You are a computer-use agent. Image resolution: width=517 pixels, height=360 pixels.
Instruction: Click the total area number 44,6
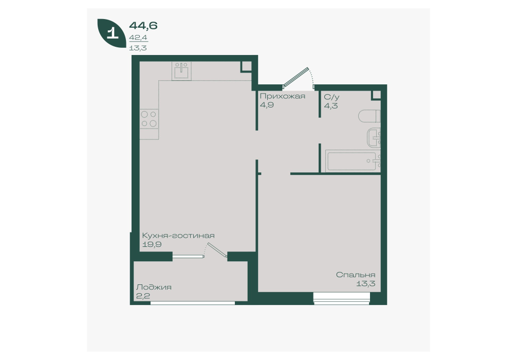143,25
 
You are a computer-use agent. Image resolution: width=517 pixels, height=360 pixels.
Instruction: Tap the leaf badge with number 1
112,33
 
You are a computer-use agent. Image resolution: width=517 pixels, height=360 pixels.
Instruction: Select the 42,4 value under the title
138,38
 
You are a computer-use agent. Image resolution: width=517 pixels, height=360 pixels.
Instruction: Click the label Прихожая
282,96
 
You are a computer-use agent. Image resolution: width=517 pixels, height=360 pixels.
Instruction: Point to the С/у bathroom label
331,97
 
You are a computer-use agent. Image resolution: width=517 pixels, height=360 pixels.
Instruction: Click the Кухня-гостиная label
178,236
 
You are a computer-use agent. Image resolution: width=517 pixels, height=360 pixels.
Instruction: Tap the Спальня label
356,275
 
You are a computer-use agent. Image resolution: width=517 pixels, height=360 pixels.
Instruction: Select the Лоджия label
154,287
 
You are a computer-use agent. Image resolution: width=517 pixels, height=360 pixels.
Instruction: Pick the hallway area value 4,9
267,105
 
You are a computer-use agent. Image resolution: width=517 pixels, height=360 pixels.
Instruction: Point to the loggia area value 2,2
143,296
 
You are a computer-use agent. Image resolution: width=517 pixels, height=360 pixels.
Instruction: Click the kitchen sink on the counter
181,70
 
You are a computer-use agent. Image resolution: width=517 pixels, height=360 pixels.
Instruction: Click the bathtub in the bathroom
353,160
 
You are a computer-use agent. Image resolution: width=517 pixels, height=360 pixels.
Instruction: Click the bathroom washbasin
374,138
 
